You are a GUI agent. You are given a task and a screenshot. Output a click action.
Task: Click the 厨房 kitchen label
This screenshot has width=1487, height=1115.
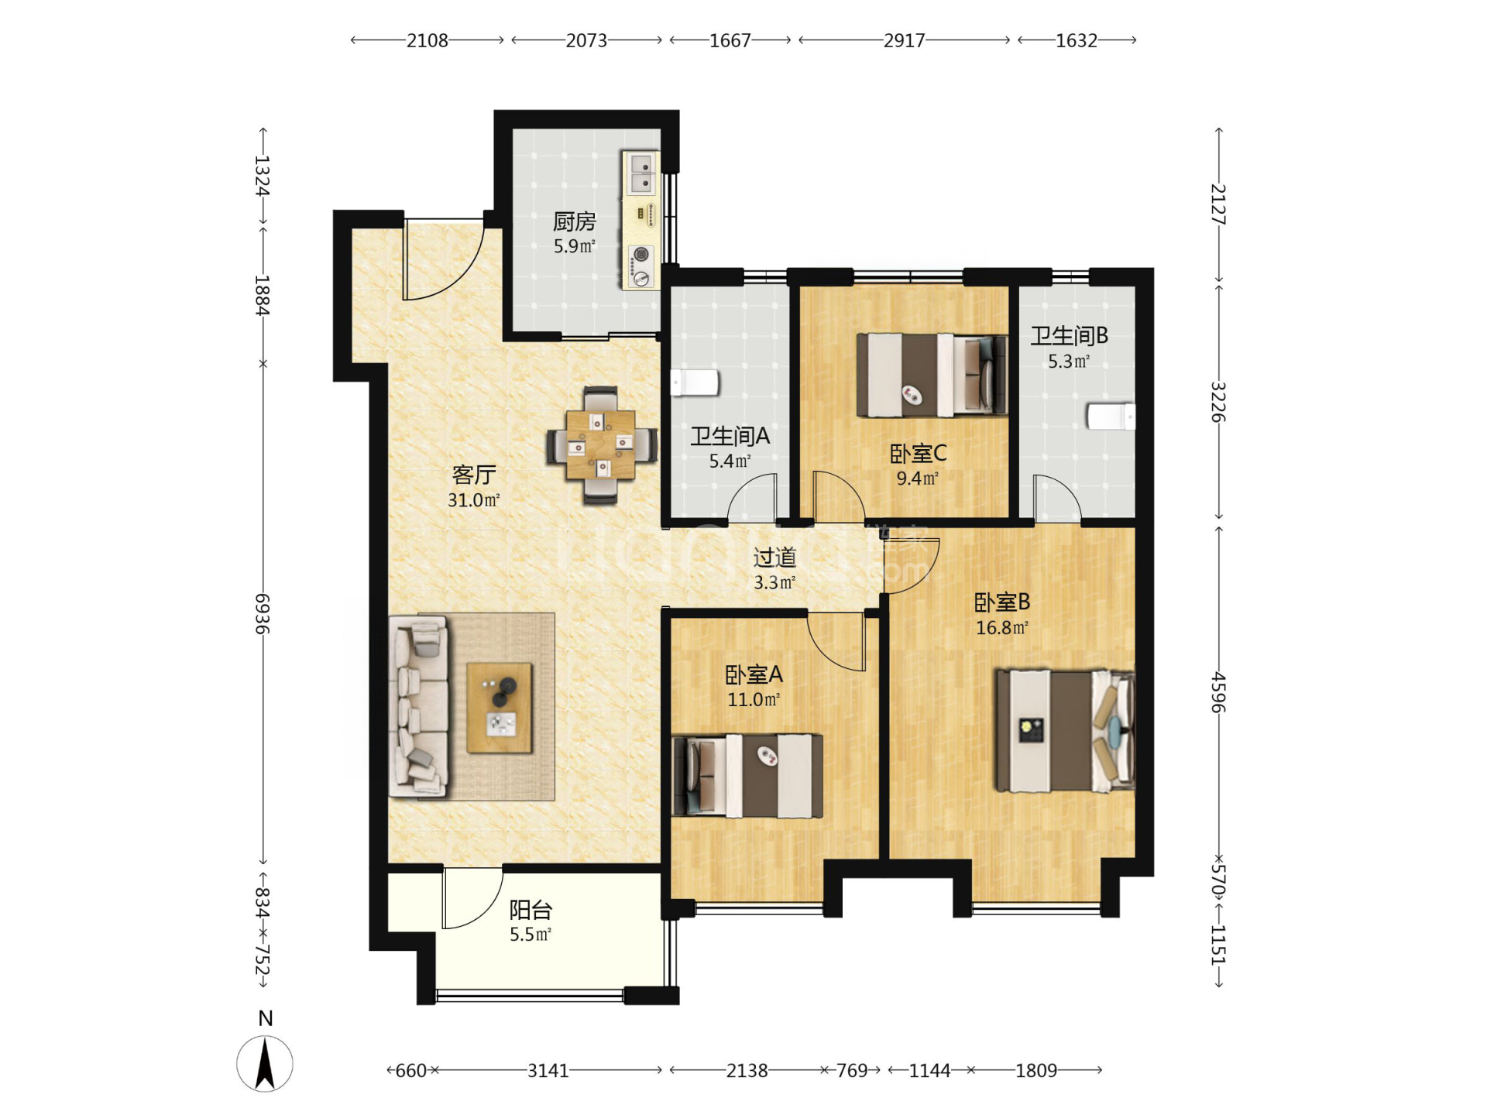(x=574, y=222)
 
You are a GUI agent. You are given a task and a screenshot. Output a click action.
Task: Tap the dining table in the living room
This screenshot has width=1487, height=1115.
(x=601, y=445)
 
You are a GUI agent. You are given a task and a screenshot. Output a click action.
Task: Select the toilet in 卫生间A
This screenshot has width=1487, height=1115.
(x=695, y=383)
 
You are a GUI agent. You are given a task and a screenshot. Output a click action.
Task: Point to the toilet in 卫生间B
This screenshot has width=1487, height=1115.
(x=1111, y=416)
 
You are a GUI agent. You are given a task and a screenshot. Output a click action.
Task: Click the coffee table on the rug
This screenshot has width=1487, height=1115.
(x=500, y=707)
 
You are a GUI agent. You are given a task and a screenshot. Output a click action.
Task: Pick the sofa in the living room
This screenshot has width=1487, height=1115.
(x=418, y=706)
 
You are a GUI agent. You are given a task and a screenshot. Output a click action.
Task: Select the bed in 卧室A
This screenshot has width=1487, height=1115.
(x=747, y=776)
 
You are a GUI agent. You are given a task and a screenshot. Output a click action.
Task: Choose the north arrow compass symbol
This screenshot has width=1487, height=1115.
(x=265, y=1063)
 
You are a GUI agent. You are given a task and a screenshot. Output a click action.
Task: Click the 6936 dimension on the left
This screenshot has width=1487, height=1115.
(x=263, y=614)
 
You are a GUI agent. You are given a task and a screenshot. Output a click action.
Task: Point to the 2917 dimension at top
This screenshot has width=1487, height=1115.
(x=904, y=40)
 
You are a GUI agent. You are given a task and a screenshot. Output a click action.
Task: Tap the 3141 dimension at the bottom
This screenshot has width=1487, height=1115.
(x=548, y=1071)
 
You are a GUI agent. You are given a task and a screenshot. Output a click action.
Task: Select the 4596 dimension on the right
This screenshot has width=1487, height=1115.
(x=1218, y=692)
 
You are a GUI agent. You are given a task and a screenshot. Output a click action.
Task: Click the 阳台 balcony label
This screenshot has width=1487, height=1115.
(x=531, y=910)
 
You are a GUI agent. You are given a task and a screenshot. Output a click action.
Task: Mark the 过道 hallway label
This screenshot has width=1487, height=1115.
(x=774, y=557)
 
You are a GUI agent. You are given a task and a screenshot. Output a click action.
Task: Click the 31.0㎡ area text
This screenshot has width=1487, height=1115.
(x=474, y=500)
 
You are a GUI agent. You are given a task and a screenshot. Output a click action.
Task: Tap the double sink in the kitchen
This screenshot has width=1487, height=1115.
(x=641, y=173)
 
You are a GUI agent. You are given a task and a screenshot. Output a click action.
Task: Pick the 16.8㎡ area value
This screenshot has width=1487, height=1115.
(x=1002, y=628)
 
